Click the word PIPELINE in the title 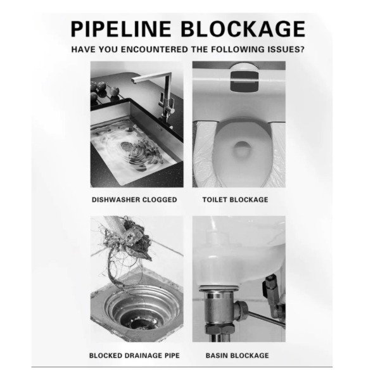coord(121,29)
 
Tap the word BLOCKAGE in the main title coord(243,29)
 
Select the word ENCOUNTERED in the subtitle coord(155,49)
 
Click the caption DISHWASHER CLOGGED coord(134,199)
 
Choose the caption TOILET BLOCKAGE coord(236,199)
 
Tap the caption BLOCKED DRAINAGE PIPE coord(134,355)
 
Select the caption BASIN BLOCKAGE coord(237,355)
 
